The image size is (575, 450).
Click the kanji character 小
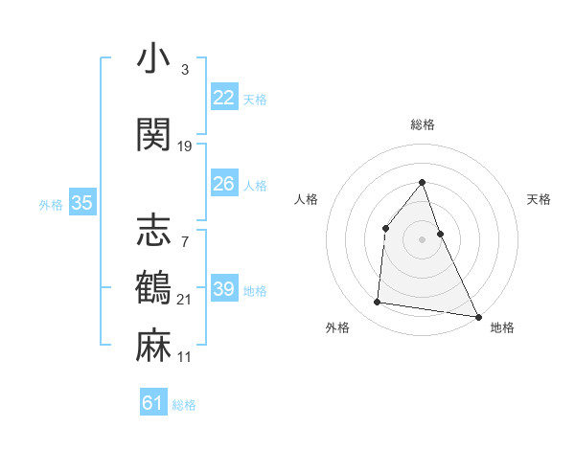coord(154,60)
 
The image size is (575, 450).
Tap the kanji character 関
coord(154,134)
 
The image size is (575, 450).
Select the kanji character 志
coord(154,231)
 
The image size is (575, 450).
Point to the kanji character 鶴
coord(154,288)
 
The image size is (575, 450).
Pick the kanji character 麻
coord(154,346)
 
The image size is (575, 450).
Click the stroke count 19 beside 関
coord(185,146)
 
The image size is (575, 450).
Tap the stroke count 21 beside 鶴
coord(184,300)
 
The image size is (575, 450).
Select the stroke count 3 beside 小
coord(184,70)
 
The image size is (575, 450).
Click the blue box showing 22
coord(224,98)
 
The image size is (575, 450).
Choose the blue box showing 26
coord(224,184)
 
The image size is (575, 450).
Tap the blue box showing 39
coord(224,289)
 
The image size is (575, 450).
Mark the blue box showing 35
coord(82,203)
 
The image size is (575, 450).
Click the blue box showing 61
coord(153,403)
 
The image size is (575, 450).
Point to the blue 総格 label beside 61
coord(184,405)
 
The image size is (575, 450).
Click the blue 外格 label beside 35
coord(51,204)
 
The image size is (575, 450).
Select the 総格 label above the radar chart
coord(422,124)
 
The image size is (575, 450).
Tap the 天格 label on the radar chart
coord(540,199)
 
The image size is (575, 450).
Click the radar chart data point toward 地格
coord(478,316)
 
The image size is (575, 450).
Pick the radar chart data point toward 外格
coord(378,303)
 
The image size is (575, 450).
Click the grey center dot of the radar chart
coord(422,239)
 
